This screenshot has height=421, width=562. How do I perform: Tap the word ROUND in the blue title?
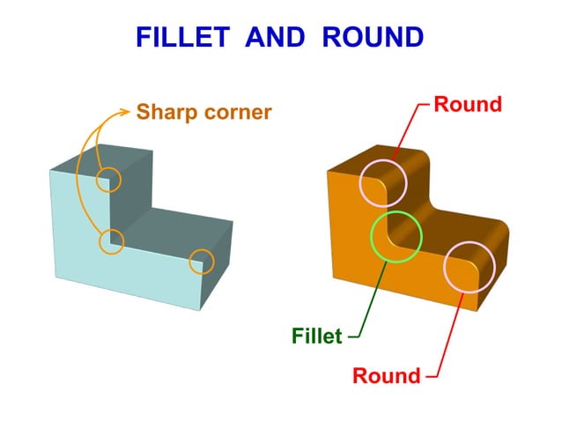pos(373,37)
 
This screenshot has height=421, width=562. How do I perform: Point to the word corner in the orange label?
pos(235,113)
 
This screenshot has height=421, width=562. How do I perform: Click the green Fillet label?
pos(316,336)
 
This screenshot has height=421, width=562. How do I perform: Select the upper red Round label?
pos(468,105)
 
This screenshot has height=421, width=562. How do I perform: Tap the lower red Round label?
pos(386,376)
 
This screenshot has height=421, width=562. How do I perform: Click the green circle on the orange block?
pos(396,236)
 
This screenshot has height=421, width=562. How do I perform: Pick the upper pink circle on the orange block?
pos(384,183)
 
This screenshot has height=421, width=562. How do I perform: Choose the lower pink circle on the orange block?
pos(470,267)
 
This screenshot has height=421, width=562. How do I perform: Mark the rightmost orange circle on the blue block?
pos(202,262)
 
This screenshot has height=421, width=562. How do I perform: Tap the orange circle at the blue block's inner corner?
pos(111,240)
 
